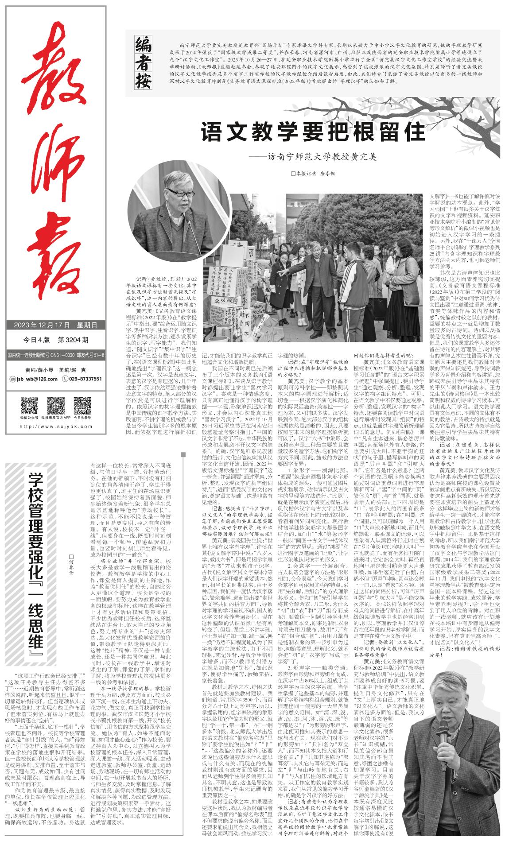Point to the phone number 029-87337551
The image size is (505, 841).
click(85, 379)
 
